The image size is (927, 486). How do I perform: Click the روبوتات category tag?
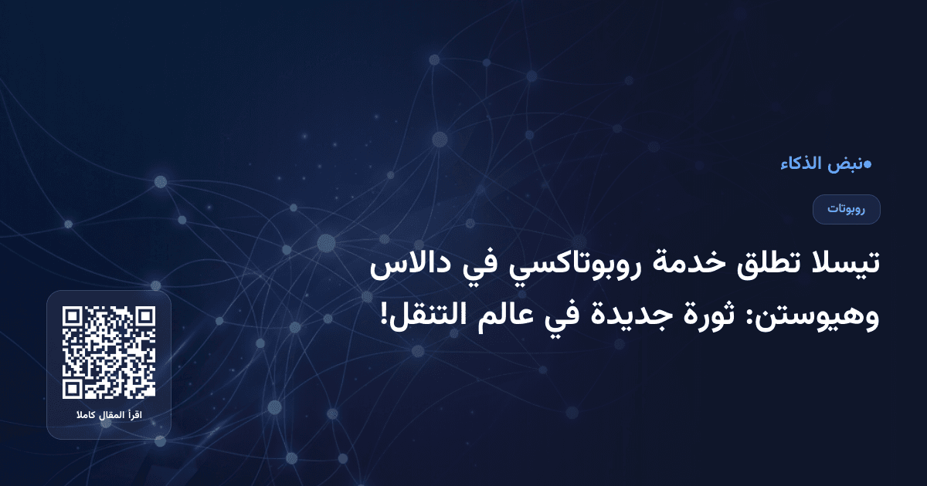847,209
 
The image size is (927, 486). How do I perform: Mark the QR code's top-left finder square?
73,318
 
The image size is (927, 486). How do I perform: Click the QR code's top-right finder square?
144,318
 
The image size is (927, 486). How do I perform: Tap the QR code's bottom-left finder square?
73,388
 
